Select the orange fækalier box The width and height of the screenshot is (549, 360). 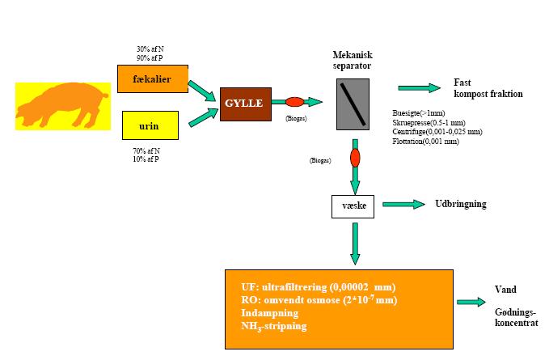[x=153, y=79]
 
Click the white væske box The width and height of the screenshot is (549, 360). [x=353, y=206]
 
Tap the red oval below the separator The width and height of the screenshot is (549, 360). [x=353, y=155]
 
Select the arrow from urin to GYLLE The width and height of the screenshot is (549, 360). [x=202, y=117]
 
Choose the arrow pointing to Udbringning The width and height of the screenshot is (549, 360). [x=403, y=205]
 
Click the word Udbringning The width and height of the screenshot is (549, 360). [x=462, y=204]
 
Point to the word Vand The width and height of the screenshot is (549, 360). [x=505, y=290]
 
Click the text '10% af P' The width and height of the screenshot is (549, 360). [x=145, y=159]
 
